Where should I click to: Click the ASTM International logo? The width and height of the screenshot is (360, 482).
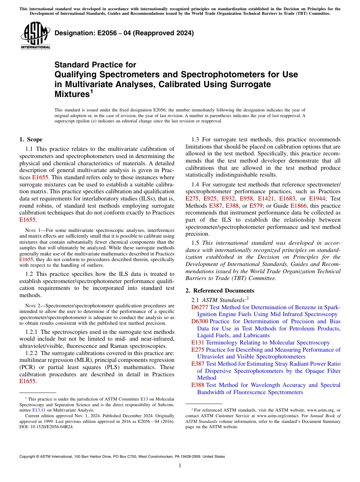point(35,36)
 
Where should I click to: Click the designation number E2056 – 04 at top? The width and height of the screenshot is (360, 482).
point(124,33)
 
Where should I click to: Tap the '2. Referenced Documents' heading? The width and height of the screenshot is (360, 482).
point(220,291)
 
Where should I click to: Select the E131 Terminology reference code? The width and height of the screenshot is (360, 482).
point(198,343)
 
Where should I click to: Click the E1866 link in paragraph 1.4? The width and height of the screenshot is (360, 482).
point(298,206)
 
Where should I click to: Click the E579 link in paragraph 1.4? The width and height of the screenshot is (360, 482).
point(256,206)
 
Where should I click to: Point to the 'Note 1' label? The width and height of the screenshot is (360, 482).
point(33,230)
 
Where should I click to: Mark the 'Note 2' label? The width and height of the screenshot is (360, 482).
point(33,305)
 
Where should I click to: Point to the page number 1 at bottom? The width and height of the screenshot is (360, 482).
point(180,466)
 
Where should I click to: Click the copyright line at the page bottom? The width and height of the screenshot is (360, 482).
point(122,457)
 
